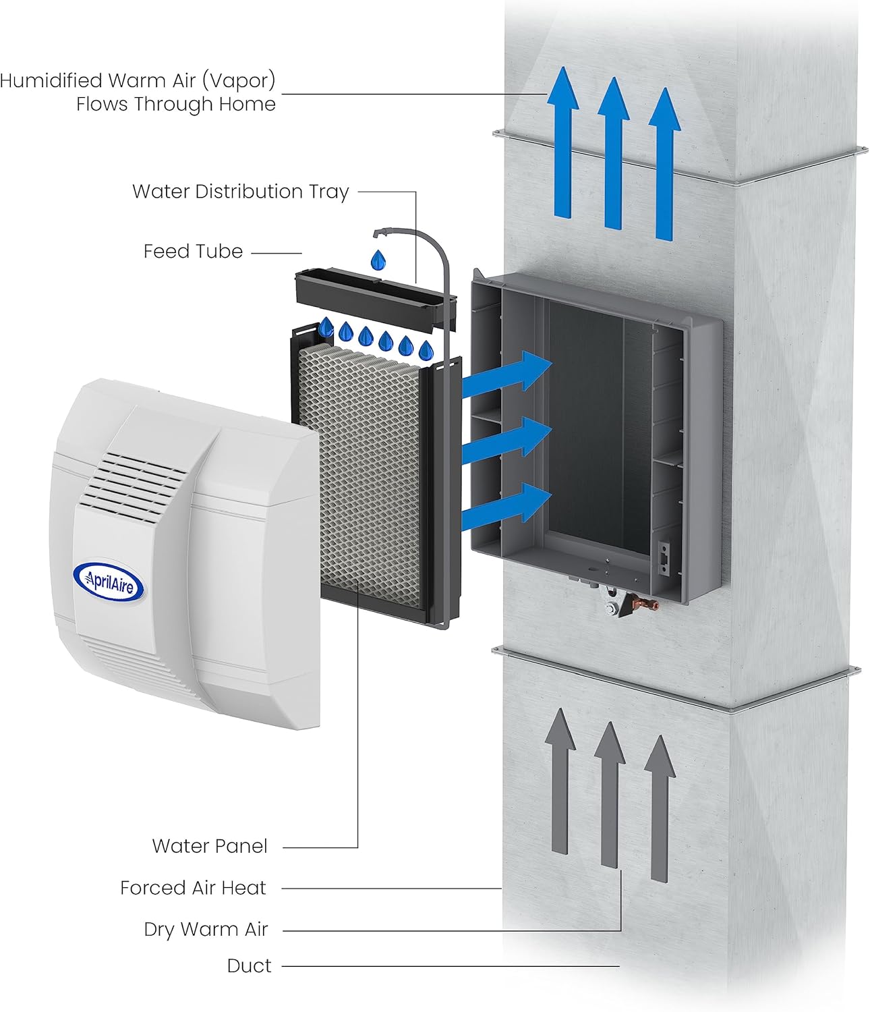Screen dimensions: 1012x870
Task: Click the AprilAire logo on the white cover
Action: pos(108,581)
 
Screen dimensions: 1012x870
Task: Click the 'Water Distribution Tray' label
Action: pos(240,192)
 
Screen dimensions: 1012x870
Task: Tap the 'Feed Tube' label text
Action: pos(193,252)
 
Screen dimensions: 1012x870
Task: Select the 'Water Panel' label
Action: pos(210,846)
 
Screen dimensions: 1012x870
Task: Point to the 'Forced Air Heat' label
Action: pos(193,888)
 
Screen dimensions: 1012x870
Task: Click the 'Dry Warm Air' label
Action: pos(206,930)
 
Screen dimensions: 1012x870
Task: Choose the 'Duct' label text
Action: pos(249,966)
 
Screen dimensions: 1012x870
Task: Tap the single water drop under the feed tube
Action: pos(379,258)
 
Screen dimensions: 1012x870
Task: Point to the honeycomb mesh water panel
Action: pos(360,466)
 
